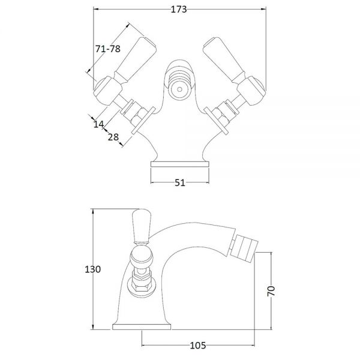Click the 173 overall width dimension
click(x=179, y=10)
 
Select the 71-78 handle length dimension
click(x=107, y=49)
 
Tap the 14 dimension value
click(x=99, y=124)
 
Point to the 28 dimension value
click(x=113, y=137)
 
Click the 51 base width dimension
click(x=180, y=183)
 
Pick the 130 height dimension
click(x=93, y=269)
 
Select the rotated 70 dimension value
click(x=271, y=291)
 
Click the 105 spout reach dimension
click(x=198, y=346)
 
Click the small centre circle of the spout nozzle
click(x=180, y=89)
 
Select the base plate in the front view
click(x=180, y=164)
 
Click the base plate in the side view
click(x=142, y=327)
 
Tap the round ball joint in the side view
click(x=142, y=257)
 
